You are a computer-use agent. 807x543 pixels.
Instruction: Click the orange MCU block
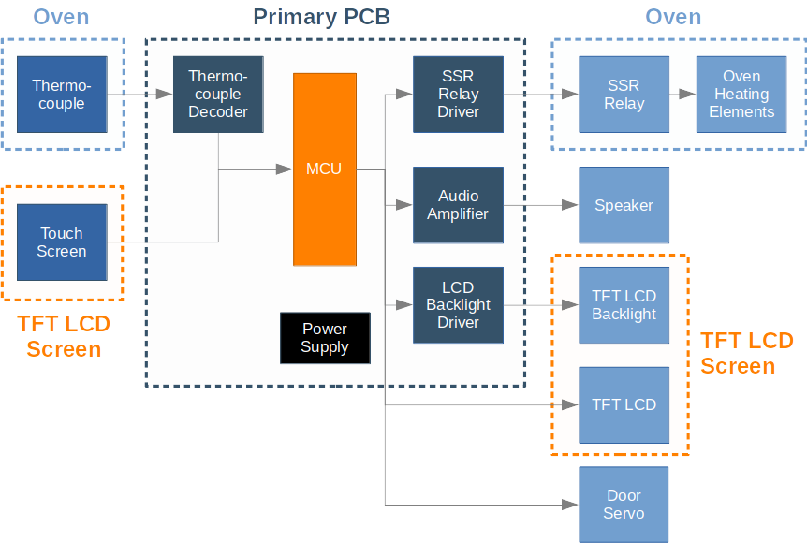pyautogui.click(x=324, y=169)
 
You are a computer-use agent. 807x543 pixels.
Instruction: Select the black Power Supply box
pyautogui.click(x=325, y=338)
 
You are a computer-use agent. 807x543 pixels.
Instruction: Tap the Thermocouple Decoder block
pyautogui.click(x=218, y=94)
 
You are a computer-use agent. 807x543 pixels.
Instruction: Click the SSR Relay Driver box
pyautogui.click(x=458, y=94)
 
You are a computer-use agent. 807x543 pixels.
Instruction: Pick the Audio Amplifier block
pyautogui.click(x=458, y=204)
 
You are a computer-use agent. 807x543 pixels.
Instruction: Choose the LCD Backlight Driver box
pyautogui.click(x=458, y=304)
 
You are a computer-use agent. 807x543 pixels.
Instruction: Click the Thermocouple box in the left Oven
pyautogui.click(x=62, y=94)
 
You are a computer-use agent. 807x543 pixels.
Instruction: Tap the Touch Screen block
pyautogui.click(x=62, y=242)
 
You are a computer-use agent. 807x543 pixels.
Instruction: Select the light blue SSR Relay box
pyautogui.click(x=624, y=94)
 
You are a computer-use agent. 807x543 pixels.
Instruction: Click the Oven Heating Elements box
pyautogui.click(x=741, y=94)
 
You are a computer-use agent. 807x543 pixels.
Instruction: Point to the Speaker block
pyautogui.click(x=624, y=205)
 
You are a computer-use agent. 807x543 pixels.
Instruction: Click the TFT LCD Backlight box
pyautogui.click(x=624, y=305)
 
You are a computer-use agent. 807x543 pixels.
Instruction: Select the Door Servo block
pyautogui.click(x=624, y=504)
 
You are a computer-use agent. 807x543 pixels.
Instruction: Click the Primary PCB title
pyautogui.click(x=321, y=17)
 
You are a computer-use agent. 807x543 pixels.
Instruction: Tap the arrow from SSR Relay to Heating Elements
pyautogui.click(x=682, y=94)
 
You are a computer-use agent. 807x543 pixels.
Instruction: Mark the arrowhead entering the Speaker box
pyautogui.click(x=570, y=205)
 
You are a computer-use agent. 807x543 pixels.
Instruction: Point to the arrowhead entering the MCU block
pyautogui.click(x=285, y=169)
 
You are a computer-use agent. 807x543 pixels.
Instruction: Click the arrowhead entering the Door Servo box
pyautogui.click(x=570, y=504)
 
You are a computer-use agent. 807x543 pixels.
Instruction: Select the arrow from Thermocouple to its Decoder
pyautogui.click(x=140, y=94)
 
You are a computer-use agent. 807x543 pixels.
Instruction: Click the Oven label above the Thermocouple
pyautogui.click(x=62, y=17)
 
